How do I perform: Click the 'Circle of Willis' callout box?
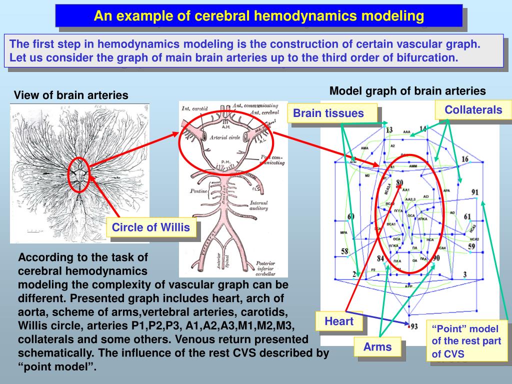pyautogui.click(x=151, y=228)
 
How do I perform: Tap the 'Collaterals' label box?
pyautogui.click(x=473, y=110)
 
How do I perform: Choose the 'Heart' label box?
pyautogui.click(x=339, y=321)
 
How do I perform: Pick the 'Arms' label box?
pyautogui.click(x=377, y=346)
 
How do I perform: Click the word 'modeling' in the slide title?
pyautogui.click(x=393, y=16)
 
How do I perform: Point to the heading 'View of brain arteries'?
pyautogui.click(x=71, y=95)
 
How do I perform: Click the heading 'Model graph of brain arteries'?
pyautogui.click(x=407, y=91)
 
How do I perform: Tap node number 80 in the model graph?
pyautogui.click(x=399, y=183)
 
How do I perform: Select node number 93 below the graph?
pyautogui.click(x=414, y=326)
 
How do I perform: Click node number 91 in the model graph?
pyautogui.click(x=474, y=192)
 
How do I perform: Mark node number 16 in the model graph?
pyautogui.click(x=465, y=159)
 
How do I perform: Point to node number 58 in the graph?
pyautogui.click(x=345, y=251)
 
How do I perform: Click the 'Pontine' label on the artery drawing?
pyautogui.click(x=198, y=191)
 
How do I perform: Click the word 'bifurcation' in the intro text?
pyautogui.click(x=427, y=57)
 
